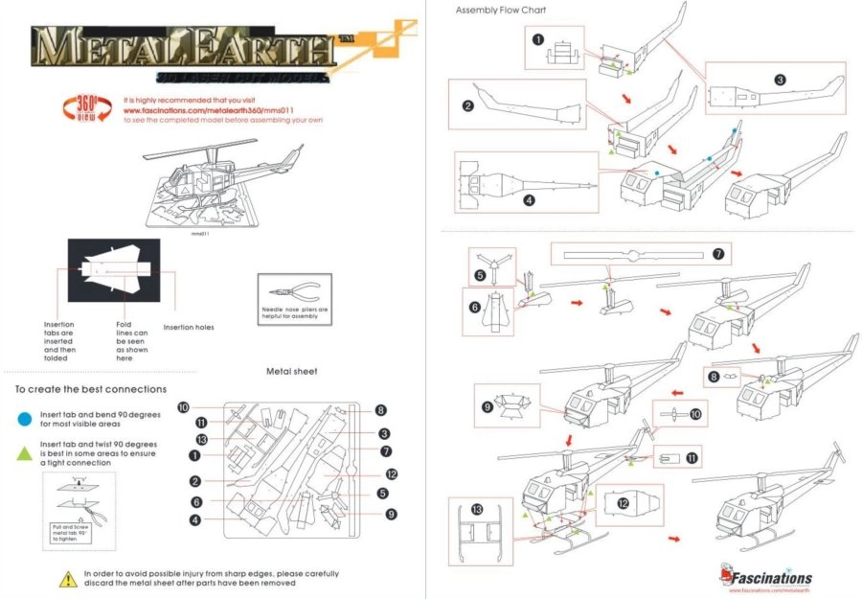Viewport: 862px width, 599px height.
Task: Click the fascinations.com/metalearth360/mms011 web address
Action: point(205,109)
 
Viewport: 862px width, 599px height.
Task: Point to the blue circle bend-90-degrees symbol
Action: point(23,418)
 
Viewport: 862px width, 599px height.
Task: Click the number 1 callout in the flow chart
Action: point(538,39)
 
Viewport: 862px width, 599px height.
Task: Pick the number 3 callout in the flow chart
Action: point(780,80)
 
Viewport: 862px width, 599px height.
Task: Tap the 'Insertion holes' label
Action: point(189,327)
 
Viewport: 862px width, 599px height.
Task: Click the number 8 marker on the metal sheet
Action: point(380,410)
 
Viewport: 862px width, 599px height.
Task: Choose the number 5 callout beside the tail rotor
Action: point(479,274)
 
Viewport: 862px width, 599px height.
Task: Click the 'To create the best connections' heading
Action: point(91,389)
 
